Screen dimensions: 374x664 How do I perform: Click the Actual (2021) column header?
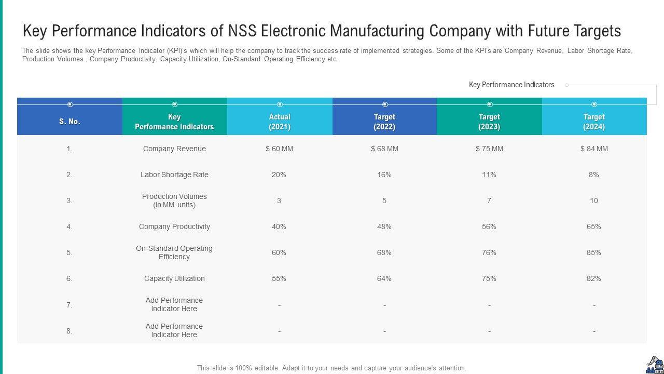point(280,122)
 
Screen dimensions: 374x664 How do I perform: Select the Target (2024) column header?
point(594,122)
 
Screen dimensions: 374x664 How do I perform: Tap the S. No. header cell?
point(70,122)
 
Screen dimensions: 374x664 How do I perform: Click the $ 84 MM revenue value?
point(594,149)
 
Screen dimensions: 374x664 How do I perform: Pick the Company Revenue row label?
point(174,149)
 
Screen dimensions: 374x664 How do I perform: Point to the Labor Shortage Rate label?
point(174,175)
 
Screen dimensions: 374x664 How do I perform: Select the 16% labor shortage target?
point(384,175)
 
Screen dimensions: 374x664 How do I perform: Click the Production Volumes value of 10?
point(594,201)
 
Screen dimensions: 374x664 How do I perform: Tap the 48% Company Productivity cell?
point(384,226)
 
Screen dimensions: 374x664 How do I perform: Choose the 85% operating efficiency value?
point(594,252)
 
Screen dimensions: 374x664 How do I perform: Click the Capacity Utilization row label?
point(174,278)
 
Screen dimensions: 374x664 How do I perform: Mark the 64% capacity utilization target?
point(384,278)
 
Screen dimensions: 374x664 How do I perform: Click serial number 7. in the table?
point(70,305)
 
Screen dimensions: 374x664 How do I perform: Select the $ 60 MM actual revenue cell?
point(279,149)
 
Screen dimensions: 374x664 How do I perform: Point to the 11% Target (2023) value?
point(489,175)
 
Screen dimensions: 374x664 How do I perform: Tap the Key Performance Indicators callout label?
point(511,85)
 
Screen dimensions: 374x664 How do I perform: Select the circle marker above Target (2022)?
point(385,104)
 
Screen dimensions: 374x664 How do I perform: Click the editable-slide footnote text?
point(331,368)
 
